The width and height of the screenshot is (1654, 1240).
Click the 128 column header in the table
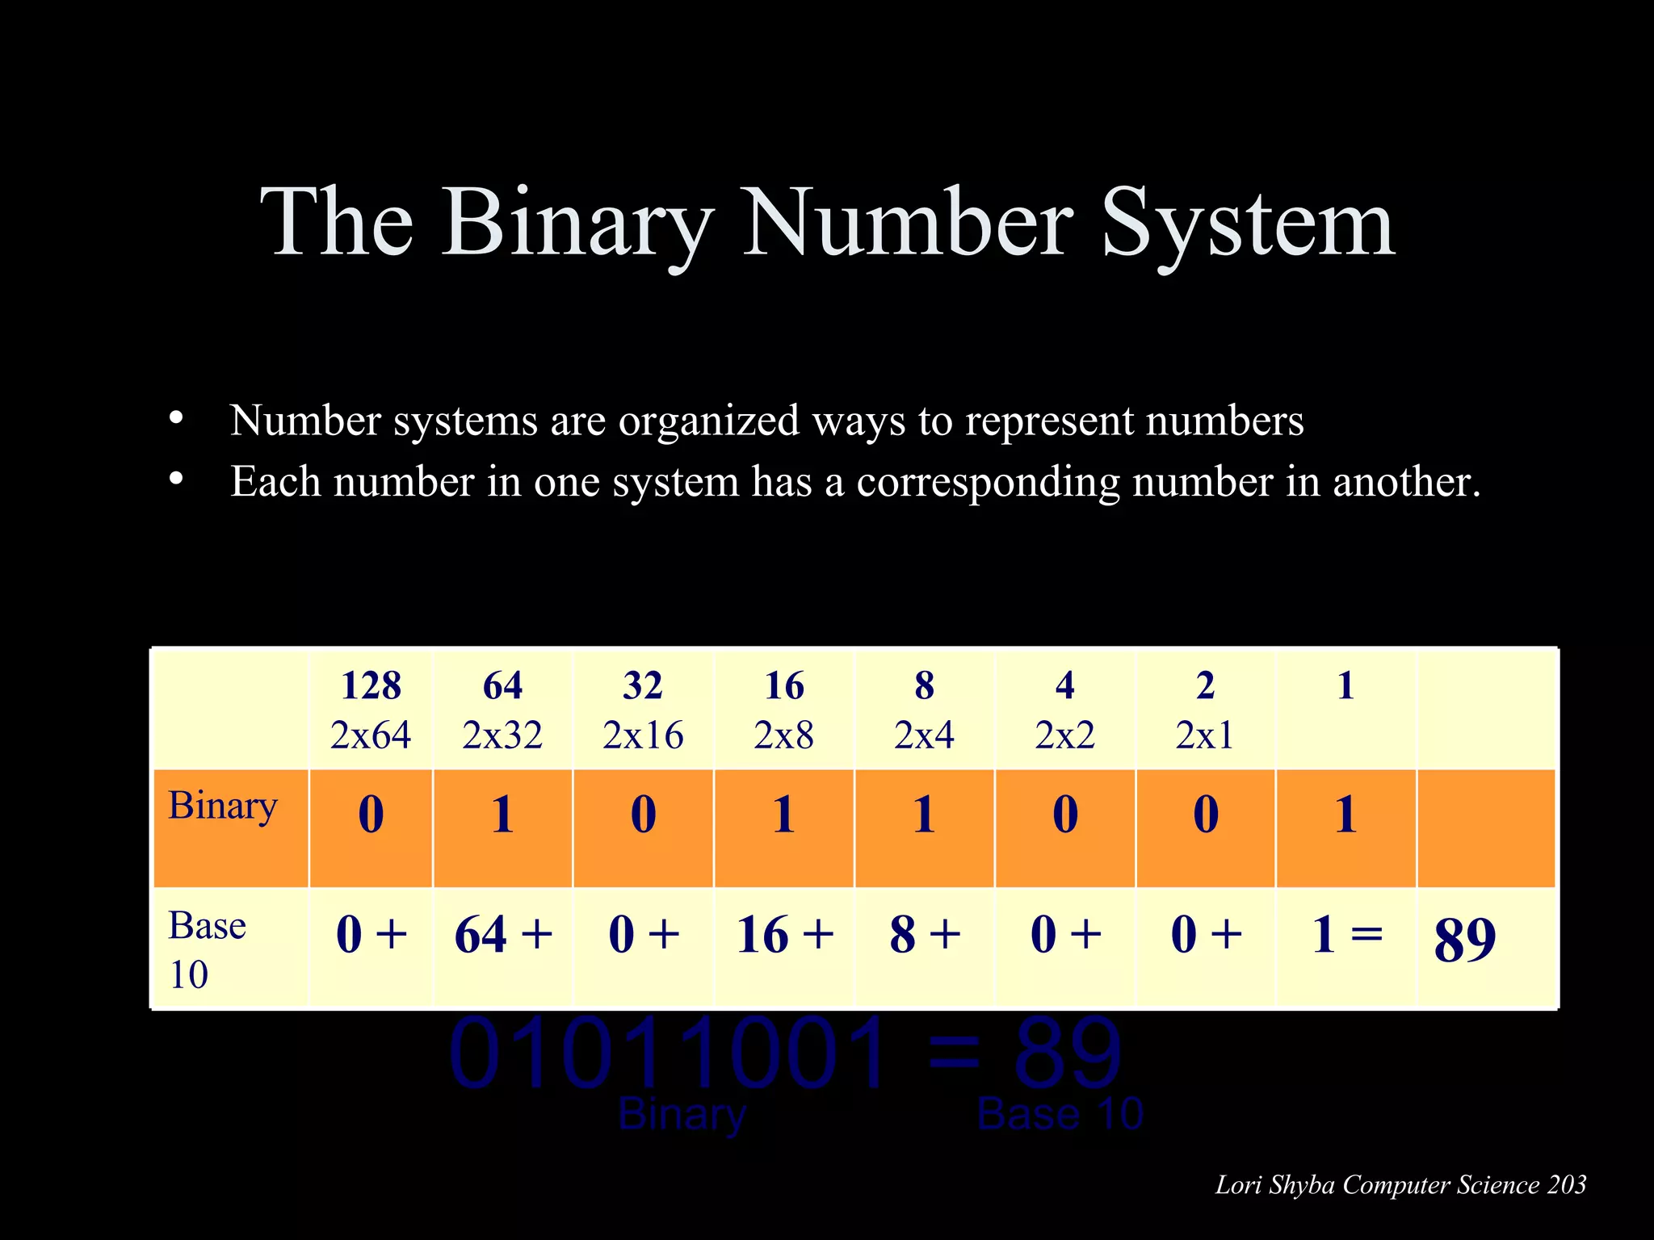[x=371, y=686]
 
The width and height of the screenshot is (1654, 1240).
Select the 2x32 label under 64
[x=502, y=735]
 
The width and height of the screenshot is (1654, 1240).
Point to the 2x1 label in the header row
[x=1204, y=735]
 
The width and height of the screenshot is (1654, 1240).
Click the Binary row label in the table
[x=223, y=806]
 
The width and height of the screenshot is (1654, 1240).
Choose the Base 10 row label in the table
[x=207, y=949]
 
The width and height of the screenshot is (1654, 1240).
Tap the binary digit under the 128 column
[x=371, y=814]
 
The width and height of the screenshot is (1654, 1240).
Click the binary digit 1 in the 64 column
[x=502, y=814]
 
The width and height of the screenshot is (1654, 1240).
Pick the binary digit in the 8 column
[x=924, y=814]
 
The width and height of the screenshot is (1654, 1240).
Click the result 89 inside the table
[x=1464, y=940]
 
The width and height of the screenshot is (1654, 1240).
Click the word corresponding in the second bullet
[x=988, y=482]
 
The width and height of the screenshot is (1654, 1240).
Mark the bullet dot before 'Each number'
[x=176, y=480]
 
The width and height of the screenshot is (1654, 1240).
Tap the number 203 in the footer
[x=1567, y=1185]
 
